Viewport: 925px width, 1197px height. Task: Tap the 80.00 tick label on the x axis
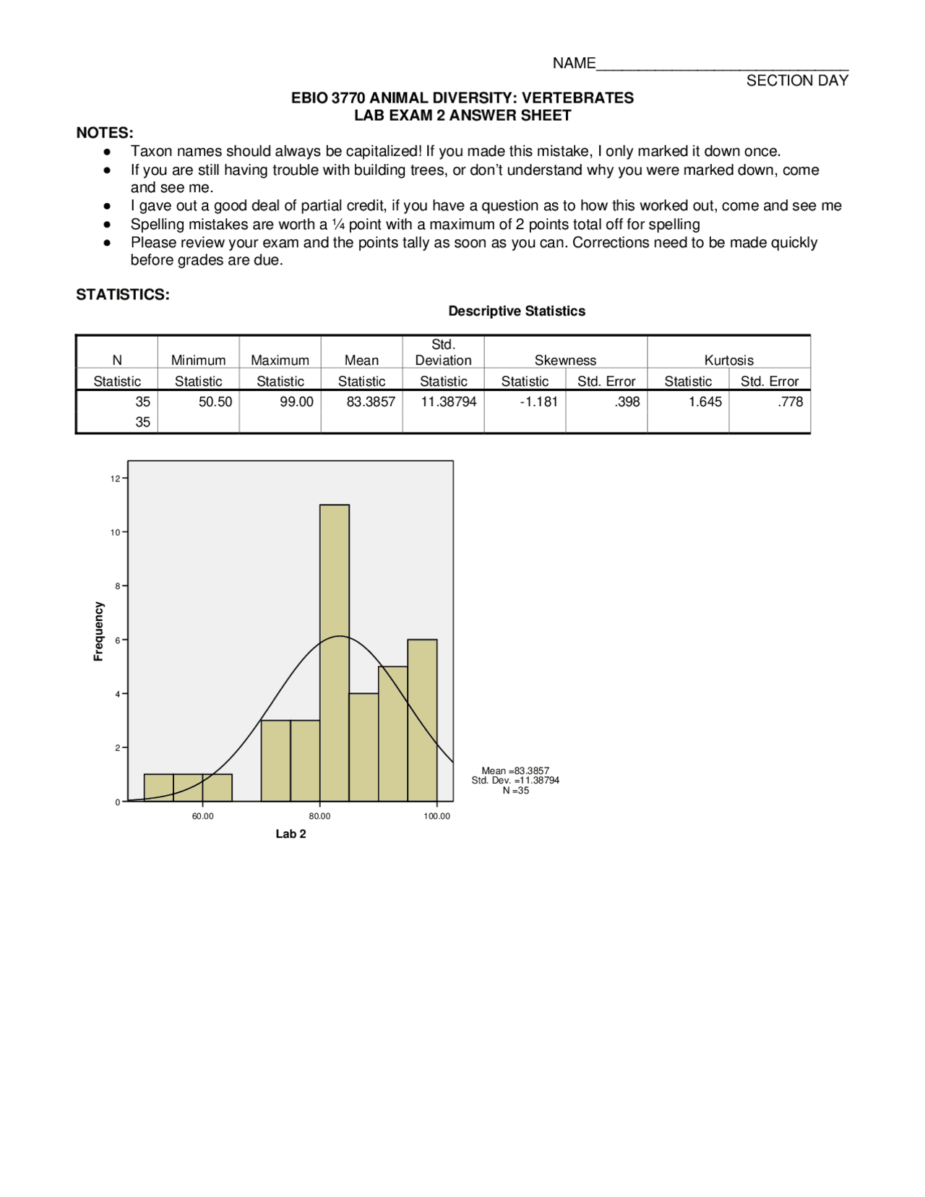319,816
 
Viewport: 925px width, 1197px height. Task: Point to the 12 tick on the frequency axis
116,479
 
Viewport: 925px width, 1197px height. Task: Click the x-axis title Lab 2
291,834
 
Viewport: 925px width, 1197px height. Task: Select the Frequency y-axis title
99,631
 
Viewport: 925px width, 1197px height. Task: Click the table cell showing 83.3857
371,402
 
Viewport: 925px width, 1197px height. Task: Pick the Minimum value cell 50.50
215,402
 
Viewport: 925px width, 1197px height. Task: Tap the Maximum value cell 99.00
297,402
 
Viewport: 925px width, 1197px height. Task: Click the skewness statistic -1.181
539,402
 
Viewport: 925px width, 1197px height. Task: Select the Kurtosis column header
728,360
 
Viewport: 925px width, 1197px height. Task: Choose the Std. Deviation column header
443,352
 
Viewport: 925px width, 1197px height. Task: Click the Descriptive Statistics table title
517,311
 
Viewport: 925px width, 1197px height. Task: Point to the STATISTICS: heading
123,294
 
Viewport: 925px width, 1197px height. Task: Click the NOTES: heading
105,133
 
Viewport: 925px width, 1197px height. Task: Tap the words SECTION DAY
797,81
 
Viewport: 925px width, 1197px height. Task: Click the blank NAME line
723,64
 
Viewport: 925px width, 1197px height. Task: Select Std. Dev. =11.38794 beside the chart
515,781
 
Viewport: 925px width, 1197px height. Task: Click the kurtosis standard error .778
791,402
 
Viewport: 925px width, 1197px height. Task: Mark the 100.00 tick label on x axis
436,816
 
